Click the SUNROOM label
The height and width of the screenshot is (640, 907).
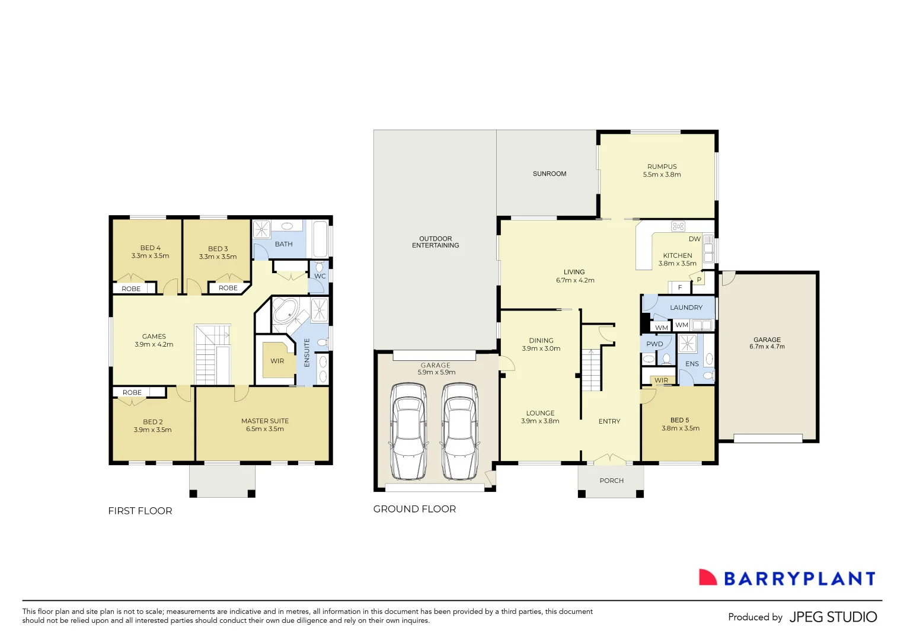pos(550,174)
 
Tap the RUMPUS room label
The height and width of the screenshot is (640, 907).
pos(662,167)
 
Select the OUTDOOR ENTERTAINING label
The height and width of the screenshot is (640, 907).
pos(435,242)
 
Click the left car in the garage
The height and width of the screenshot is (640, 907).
pos(408,431)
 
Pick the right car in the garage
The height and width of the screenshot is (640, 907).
pos(459,431)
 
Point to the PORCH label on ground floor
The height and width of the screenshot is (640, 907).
pos(611,481)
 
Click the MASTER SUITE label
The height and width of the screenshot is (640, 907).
pos(265,421)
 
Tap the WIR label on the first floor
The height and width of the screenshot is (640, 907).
pos(277,361)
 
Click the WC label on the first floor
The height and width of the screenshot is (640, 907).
pos(320,276)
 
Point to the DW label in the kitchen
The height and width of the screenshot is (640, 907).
pos(694,239)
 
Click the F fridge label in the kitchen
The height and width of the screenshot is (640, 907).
pos(680,287)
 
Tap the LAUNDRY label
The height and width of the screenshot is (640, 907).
pos(686,308)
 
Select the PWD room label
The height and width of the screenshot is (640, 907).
pos(654,344)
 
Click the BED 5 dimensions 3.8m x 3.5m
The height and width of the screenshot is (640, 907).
pos(681,428)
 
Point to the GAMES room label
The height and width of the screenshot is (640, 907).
pos(154,337)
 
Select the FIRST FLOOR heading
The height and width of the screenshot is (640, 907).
pos(140,511)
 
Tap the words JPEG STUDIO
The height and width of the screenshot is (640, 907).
pos(833,617)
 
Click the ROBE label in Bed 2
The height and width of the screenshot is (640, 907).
pos(132,392)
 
